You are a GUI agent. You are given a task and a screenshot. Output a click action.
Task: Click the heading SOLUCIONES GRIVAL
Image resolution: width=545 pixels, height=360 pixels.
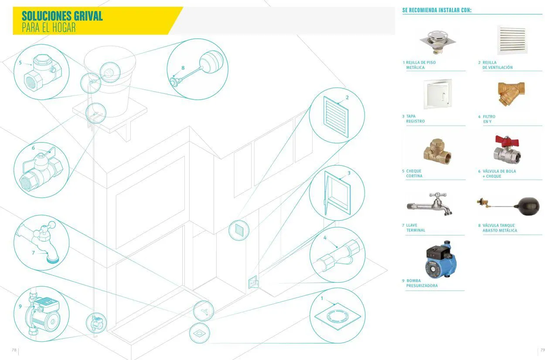62,16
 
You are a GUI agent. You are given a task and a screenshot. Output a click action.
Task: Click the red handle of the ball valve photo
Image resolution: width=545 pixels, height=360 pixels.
507,141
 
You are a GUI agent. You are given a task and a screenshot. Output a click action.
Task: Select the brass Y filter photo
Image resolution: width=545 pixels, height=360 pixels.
511,93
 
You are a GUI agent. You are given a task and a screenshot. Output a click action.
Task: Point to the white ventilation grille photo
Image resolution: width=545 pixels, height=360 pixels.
512,40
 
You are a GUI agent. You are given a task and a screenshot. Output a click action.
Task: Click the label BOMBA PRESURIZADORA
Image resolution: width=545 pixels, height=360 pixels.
422,283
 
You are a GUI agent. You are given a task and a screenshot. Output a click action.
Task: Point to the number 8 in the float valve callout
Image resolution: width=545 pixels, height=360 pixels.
183,68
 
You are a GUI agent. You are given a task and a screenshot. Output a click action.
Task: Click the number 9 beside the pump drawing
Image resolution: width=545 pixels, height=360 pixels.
20,306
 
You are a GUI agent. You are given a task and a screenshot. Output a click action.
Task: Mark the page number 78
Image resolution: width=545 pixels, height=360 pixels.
14,350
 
